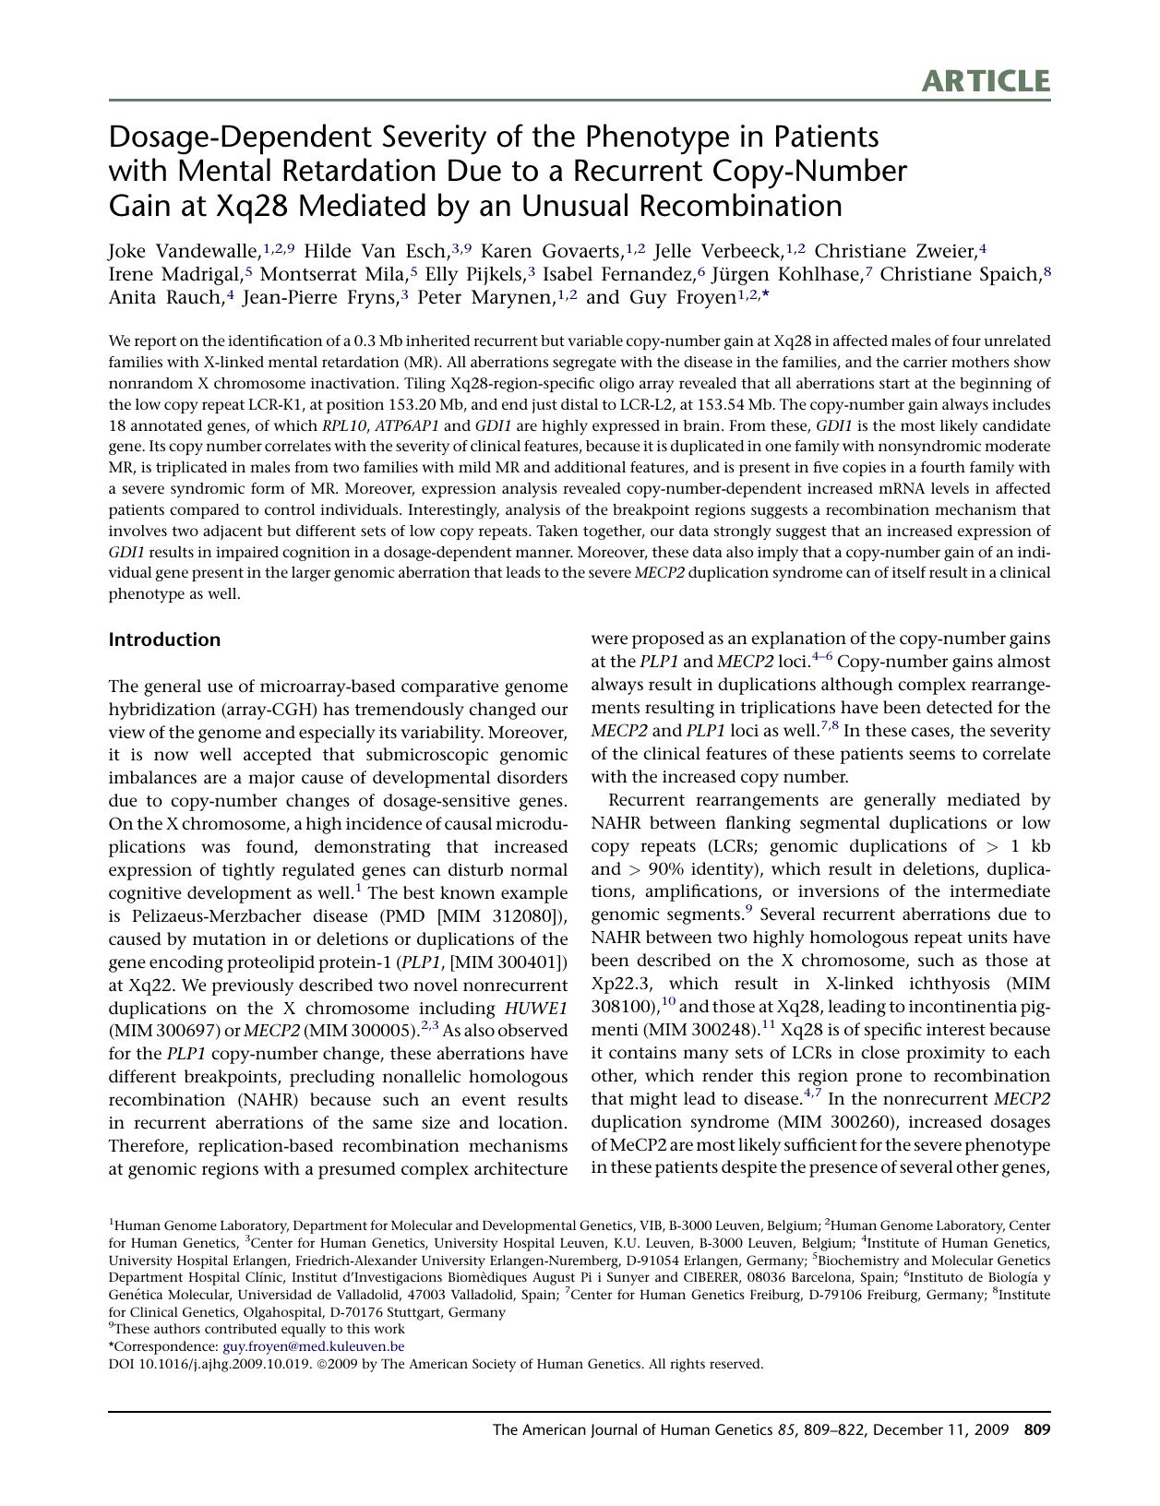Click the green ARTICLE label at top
coord(985,81)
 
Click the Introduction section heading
coord(164,639)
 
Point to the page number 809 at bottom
coord(1037,1430)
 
